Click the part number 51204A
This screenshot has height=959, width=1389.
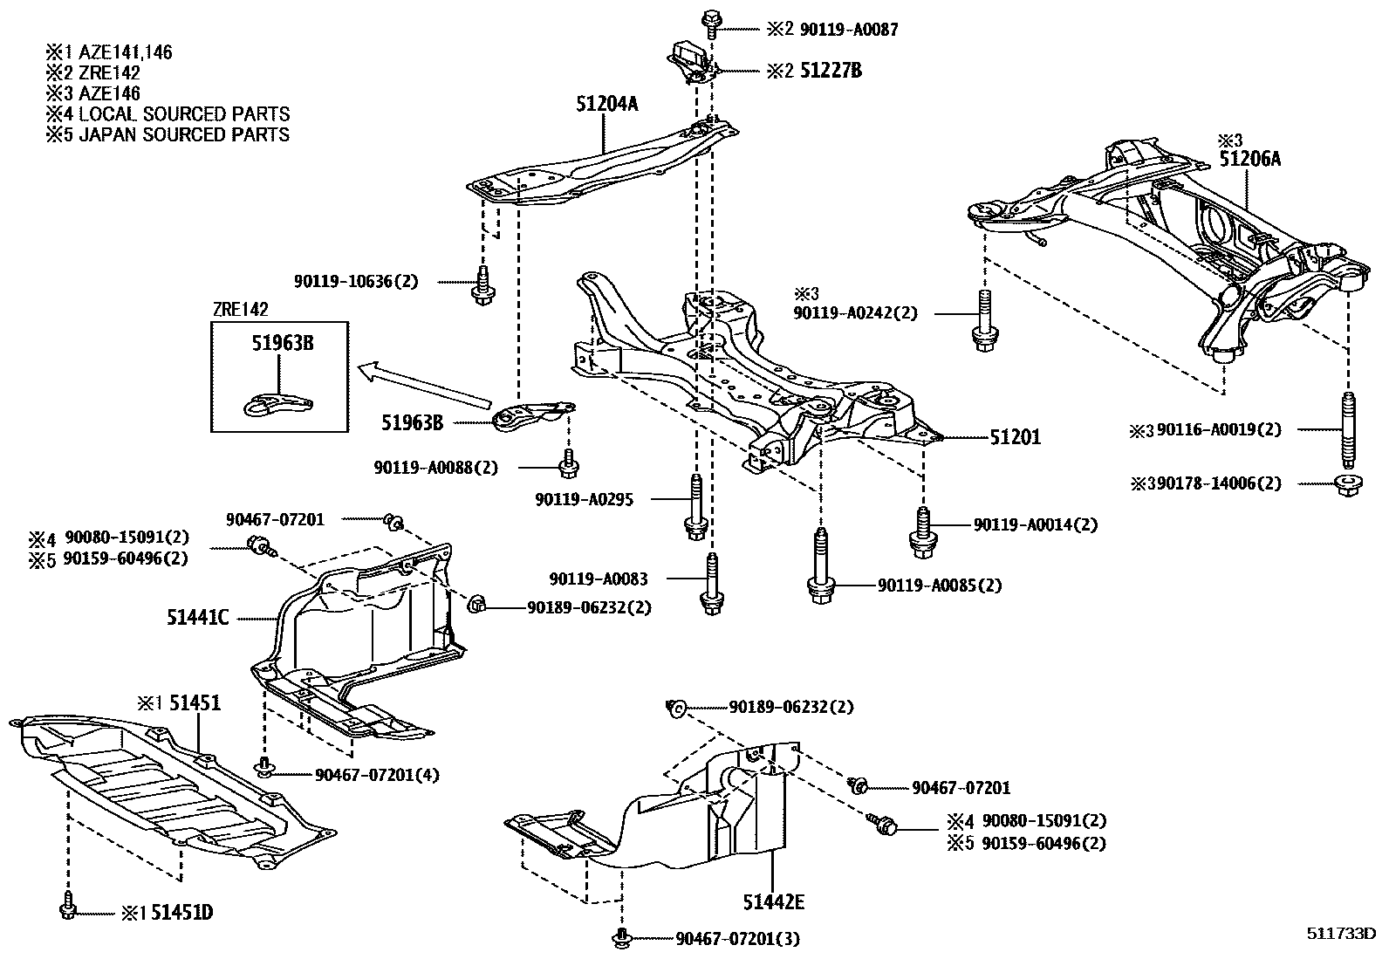pyautogui.click(x=606, y=105)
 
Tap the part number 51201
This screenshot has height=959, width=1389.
pyautogui.click(x=1015, y=437)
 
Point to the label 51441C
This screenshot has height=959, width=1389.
pyautogui.click(x=198, y=618)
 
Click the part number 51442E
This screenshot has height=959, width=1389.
pyautogui.click(x=773, y=901)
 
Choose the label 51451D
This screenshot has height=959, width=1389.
pyautogui.click(x=181, y=913)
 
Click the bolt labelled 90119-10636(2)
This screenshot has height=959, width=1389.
pyautogui.click(x=481, y=285)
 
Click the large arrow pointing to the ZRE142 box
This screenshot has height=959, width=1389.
pyautogui.click(x=425, y=386)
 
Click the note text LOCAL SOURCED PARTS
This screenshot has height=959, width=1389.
pyautogui.click(x=183, y=114)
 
